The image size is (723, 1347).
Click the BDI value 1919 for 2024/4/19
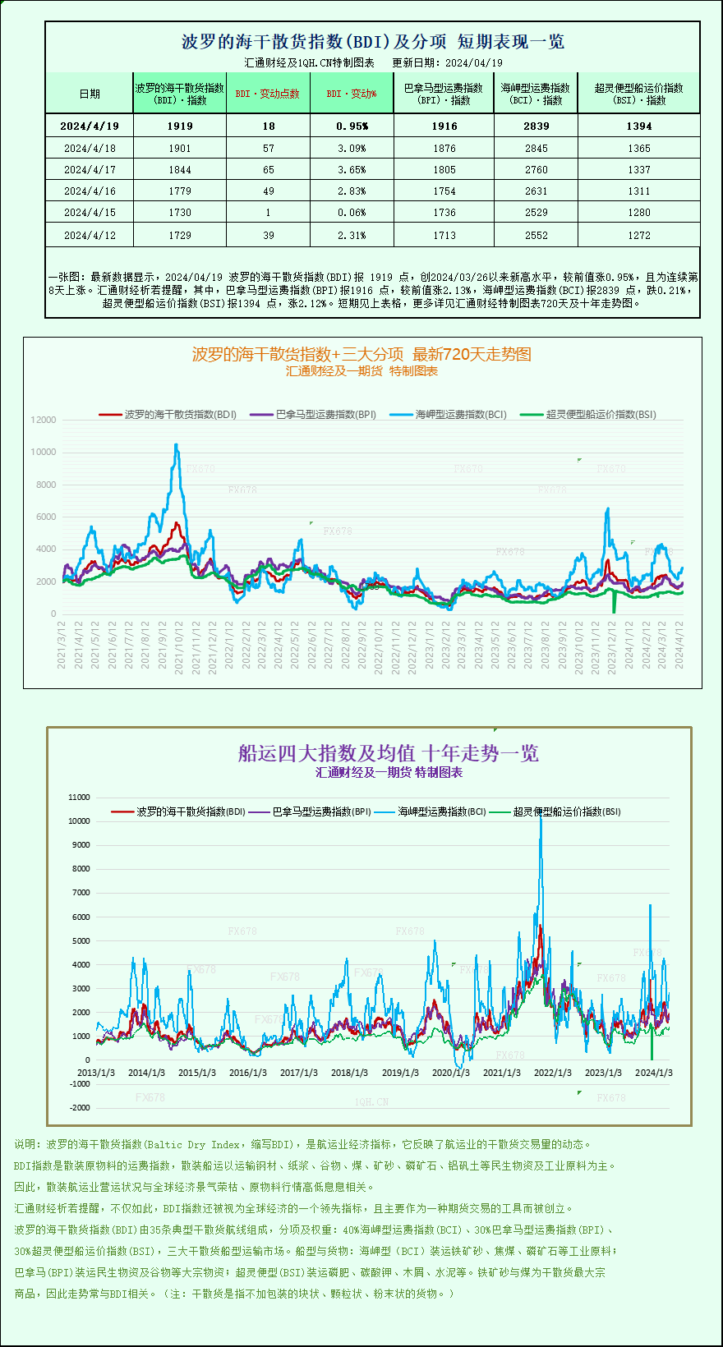pyautogui.click(x=179, y=126)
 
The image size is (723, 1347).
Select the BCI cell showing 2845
pyautogui.click(x=536, y=149)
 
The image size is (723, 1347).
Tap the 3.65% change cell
pyautogui.click(x=352, y=170)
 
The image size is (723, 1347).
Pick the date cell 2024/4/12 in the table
pyautogui.click(x=90, y=236)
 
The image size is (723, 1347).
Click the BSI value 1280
pyautogui.click(x=638, y=213)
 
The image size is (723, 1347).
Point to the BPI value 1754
pyautogui.click(x=444, y=191)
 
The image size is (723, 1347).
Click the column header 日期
pyautogui.click(x=90, y=94)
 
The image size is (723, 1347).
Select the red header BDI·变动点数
pyautogui.click(x=268, y=94)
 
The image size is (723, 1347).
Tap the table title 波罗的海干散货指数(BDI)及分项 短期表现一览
pyautogui.click(x=372, y=42)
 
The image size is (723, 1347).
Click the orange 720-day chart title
pyautogui.click(x=361, y=354)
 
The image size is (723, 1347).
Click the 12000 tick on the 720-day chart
pyautogui.click(x=44, y=420)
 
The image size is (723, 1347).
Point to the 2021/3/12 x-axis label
pyautogui.click(x=62, y=646)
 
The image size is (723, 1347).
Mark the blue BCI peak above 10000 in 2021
pyautogui.click(x=176, y=446)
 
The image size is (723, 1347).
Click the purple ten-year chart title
pyautogui.click(x=388, y=753)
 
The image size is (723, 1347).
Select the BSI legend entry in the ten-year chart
pyautogui.click(x=566, y=811)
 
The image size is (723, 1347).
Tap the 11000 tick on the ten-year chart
pyautogui.click(x=79, y=797)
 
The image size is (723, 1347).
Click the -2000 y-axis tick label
pyautogui.click(x=80, y=1108)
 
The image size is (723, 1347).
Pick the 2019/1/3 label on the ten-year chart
pyautogui.click(x=400, y=1073)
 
